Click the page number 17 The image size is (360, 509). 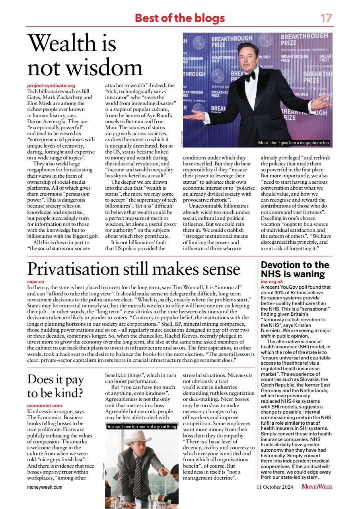pos(326,18)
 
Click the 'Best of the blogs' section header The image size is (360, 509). pos(180,18)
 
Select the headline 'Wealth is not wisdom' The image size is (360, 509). pos(85,56)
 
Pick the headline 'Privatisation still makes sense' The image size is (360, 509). pos(134,269)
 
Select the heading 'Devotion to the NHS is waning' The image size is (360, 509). pos(295,270)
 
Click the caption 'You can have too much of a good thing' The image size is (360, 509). pos(141,427)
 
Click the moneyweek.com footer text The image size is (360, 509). pos(45,487)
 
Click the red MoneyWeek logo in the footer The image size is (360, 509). pos(317,487)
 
